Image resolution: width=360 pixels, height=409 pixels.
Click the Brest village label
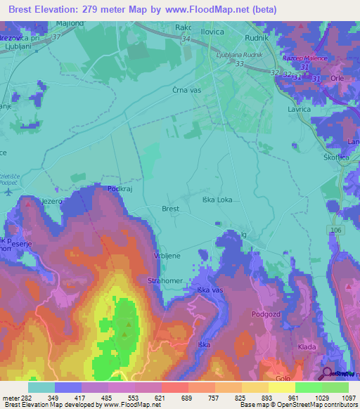(x=171, y=209)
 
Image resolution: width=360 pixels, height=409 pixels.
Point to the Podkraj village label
(x=120, y=189)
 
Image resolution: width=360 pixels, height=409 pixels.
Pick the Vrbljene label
(x=168, y=256)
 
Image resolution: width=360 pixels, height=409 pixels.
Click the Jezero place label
(x=52, y=201)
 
